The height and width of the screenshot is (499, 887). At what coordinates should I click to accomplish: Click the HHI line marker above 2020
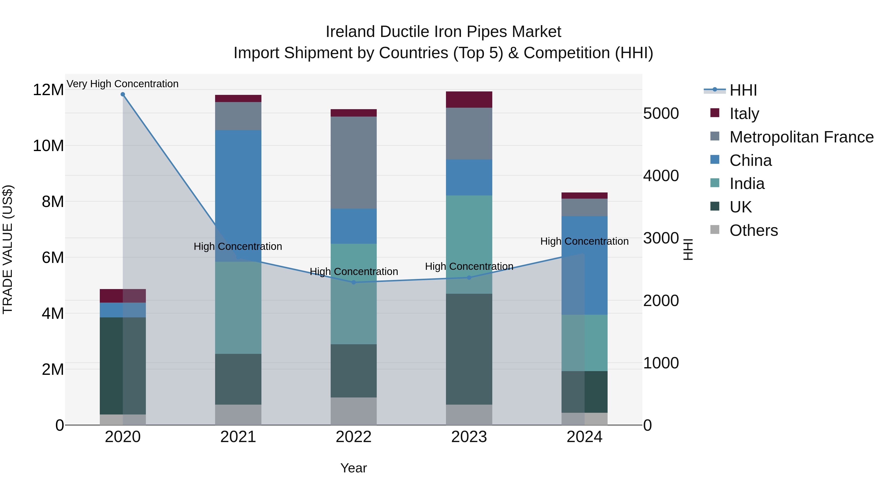pyautogui.click(x=123, y=94)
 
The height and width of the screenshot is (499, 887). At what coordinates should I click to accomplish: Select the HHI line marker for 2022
pyautogui.click(x=354, y=282)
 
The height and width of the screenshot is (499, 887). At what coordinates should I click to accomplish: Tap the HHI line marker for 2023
pyautogui.click(x=469, y=277)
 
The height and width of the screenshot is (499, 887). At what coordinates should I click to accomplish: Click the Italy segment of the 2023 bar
pyautogui.click(x=469, y=100)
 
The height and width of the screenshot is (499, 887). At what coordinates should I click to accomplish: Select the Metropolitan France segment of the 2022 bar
pyautogui.click(x=354, y=163)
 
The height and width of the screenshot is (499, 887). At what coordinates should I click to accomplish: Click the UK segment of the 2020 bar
pyautogui.click(x=123, y=366)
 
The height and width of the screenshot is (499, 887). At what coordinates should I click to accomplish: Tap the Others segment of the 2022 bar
pyautogui.click(x=354, y=411)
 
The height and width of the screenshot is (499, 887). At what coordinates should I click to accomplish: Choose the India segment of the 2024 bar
pyautogui.click(x=584, y=343)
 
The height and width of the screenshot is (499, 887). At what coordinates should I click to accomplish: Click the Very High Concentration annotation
pyautogui.click(x=123, y=84)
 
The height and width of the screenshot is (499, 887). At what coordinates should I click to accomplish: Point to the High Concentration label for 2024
pyautogui.click(x=584, y=241)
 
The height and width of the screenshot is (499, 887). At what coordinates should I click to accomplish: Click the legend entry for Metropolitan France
pyautogui.click(x=801, y=137)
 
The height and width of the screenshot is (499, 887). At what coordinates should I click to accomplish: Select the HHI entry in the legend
pyautogui.click(x=743, y=90)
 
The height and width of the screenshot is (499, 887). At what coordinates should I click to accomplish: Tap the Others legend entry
pyautogui.click(x=753, y=230)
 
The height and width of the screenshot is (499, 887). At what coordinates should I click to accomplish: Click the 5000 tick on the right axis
pyautogui.click(x=661, y=114)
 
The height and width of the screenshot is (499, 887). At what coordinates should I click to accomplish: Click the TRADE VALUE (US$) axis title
pyautogui.click(x=8, y=249)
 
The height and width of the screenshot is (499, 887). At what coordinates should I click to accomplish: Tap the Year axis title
pyautogui.click(x=354, y=468)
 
